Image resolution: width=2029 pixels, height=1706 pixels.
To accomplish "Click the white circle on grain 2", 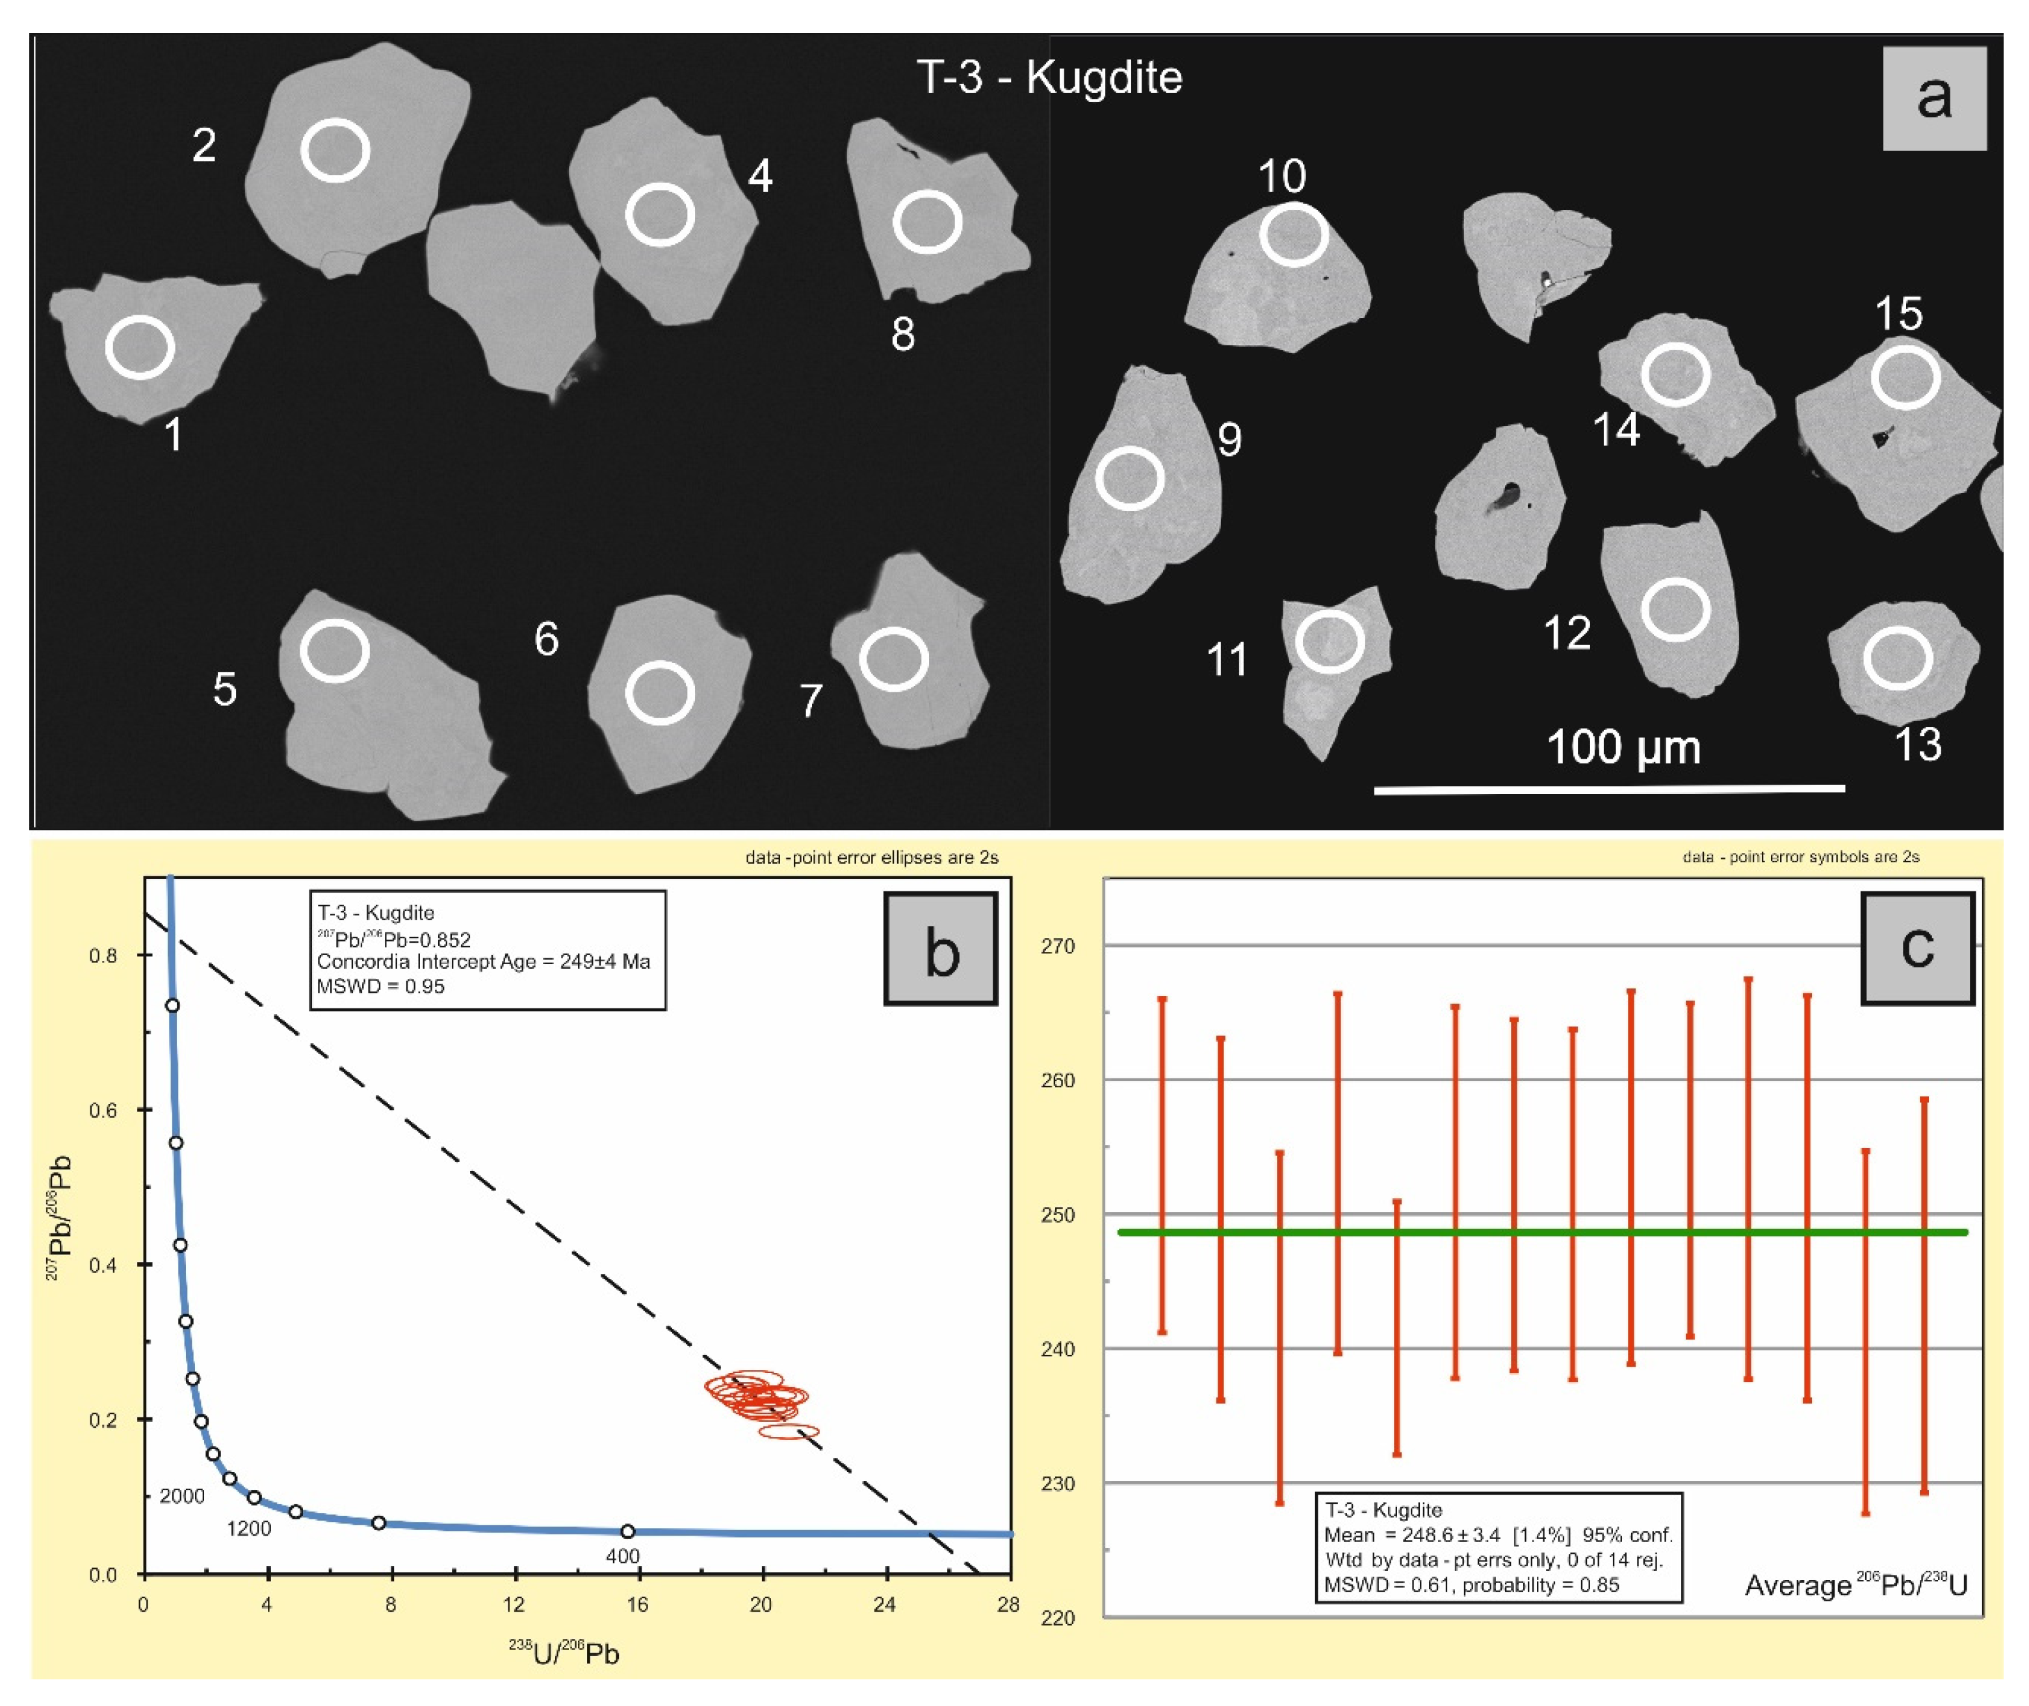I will click(335, 150).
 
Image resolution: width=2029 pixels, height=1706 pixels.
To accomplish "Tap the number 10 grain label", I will click(1281, 176).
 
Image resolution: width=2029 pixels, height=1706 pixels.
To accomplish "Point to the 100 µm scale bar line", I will click(1608, 789).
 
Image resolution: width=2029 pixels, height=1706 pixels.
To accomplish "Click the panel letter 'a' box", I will click(1933, 98).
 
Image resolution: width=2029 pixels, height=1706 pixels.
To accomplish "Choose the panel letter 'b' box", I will click(940, 950).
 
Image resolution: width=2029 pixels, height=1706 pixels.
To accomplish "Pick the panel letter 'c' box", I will click(1917, 949).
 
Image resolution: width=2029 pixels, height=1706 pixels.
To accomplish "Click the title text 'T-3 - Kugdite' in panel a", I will click(1049, 77).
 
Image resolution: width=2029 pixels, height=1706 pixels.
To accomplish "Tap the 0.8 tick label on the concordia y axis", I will click(103, 956).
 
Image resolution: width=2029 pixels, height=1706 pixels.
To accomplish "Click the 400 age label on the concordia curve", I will click(623, 1556).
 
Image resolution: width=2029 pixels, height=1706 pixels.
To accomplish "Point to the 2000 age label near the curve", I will click(182, 1496).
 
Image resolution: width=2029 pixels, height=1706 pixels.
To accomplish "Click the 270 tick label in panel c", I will click(1057, 946).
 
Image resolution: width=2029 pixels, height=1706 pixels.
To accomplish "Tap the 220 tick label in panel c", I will click(1057, 1618).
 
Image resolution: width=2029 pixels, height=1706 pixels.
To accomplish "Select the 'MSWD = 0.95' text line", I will click(380, 986).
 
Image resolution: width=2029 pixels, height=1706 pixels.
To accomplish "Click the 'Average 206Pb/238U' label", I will click(1855, 1585).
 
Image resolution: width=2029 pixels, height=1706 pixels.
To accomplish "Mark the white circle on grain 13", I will click(1898, 658).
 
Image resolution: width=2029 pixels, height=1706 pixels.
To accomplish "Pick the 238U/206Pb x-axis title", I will click(564, 1653).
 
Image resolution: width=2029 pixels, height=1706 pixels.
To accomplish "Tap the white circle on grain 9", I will click(1130, 479).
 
